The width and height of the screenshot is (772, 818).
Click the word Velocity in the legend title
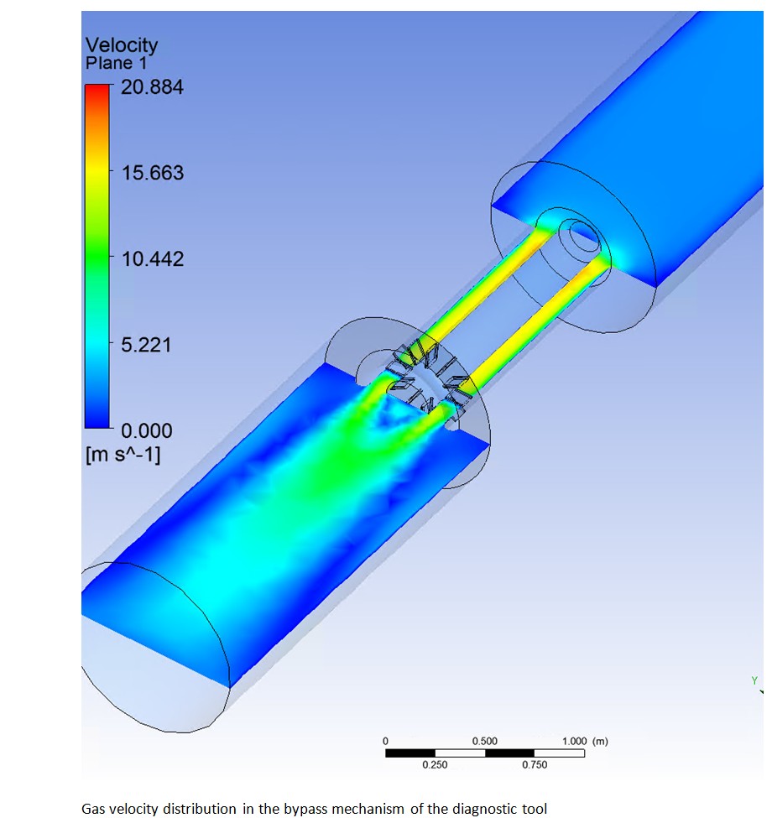pyautogui.click(x=122, y=45)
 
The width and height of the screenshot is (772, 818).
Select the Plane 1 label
pyautogui.click(x=117, y=63)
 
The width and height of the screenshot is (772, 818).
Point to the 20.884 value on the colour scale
pyautogui.click(x=153, y=86)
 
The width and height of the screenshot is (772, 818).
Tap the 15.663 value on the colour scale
pyautogui.click(x=153, y=173)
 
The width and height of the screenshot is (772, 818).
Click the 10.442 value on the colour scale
pyautogui.click(x=153, y=258)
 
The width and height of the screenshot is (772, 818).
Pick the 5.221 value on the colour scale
pyautogui.click(x=146, y=345)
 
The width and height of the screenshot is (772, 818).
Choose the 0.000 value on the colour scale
pyautogui.click(x=147, y=431)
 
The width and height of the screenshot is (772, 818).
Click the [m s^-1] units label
pyautogui.click(x=123, y=455)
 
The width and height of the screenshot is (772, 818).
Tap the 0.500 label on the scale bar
pyautogui.click(x=484, y=741)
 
